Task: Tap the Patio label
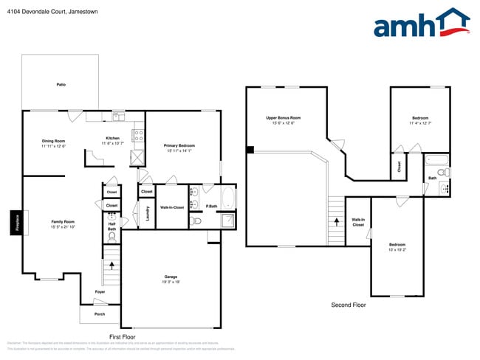[x=61, y=85]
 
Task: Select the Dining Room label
[x=53, y=143]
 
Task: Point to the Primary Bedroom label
[x=180, y=148]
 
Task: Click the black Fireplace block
[x=14, y=223]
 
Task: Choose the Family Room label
[x=64, y=223]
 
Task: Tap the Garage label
[x=171, y=279]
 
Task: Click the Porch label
[x=99, y=314]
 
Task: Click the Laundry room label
[x=148, y=213]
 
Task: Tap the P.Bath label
[x=211, y=206]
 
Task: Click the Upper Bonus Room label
[x=284, y=120]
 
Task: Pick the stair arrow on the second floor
[x=337, y=220]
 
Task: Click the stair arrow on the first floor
[x=112, y=265]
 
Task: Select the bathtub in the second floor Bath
[x=436, y=159]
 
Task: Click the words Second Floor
[x=348, y=305]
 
